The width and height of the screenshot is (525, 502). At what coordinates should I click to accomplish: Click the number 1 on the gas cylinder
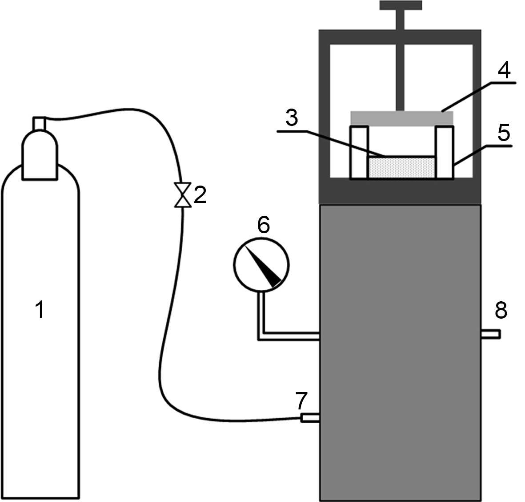click(x=40, y=309)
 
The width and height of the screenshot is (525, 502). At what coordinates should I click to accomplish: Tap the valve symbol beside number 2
click(x=183, y=194)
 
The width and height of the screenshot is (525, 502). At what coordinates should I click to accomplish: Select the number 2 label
click(x=200, y=194)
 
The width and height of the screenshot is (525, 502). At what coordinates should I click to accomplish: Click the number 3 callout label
click(x=292, y=117)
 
